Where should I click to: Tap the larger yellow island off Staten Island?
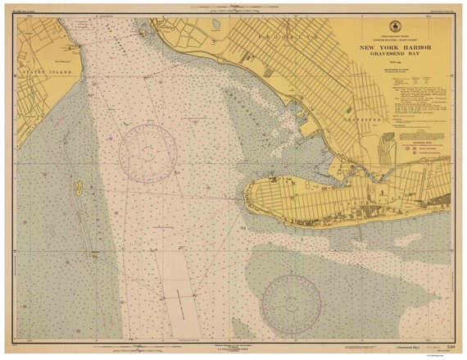click(x=79, y=188)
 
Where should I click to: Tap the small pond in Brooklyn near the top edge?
click(x=215, y=25)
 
